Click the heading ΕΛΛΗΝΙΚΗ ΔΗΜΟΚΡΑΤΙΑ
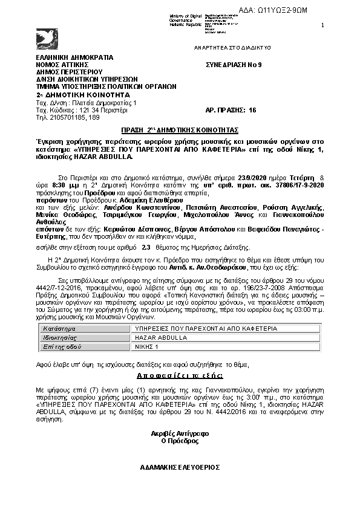74,57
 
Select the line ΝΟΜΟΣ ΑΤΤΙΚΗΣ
62,64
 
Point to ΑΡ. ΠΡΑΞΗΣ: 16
231,110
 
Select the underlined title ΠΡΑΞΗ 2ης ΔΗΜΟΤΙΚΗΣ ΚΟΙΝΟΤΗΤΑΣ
180,130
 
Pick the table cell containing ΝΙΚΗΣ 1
148,347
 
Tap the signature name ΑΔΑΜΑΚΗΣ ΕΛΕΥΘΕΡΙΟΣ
179,467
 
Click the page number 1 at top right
322,25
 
